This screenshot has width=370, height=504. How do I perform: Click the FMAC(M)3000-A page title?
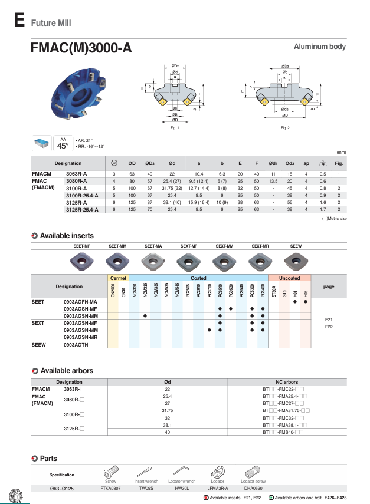tap(81, 48)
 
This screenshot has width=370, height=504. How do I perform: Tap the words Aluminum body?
tap(320, 47)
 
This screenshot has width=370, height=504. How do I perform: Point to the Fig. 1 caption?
tap(174, 127)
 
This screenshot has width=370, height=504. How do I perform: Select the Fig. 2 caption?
tap(285, 127)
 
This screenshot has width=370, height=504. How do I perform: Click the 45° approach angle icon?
tap(63, 144)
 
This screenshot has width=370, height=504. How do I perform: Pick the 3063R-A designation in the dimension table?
tap(76, 174)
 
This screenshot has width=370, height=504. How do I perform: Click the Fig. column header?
tap(339, 163)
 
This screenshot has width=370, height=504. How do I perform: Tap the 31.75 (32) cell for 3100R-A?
tap(172, 188)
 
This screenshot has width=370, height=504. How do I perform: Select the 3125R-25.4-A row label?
tap(82, 209)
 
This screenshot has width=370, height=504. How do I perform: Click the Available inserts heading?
tap(67, 236)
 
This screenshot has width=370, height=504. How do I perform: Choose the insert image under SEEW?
tap(296, 259)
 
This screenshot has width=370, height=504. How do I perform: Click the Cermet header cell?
tap(118, 278)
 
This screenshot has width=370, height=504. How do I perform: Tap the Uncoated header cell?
tap(289, 278)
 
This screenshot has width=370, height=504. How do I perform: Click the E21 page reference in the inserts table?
tap(329, 319)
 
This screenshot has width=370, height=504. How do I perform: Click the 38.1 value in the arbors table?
tap(167, 425)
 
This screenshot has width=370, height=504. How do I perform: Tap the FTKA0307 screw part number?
tap(110, 488)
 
